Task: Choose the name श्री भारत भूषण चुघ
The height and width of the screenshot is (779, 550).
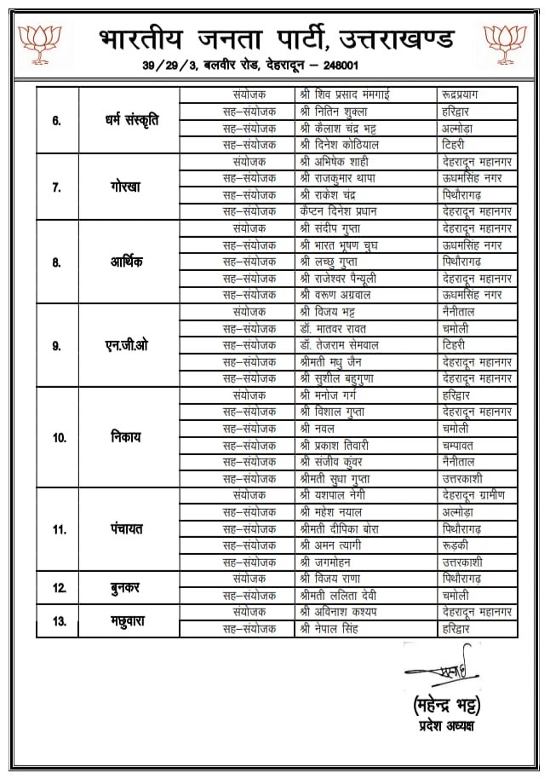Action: (x=344, y=245)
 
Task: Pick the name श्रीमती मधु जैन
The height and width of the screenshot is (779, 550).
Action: (x=337, y=362)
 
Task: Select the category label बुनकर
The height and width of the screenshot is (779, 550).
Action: (x=128, y=587)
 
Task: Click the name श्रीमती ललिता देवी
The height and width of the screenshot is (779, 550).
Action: (x=343, y=596)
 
